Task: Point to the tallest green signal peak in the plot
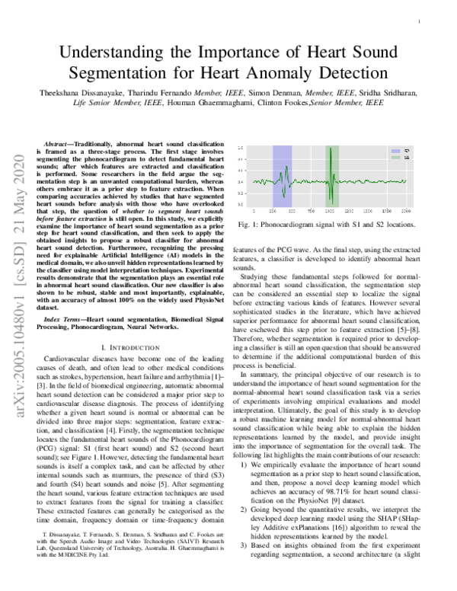click(x=332, y=151)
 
